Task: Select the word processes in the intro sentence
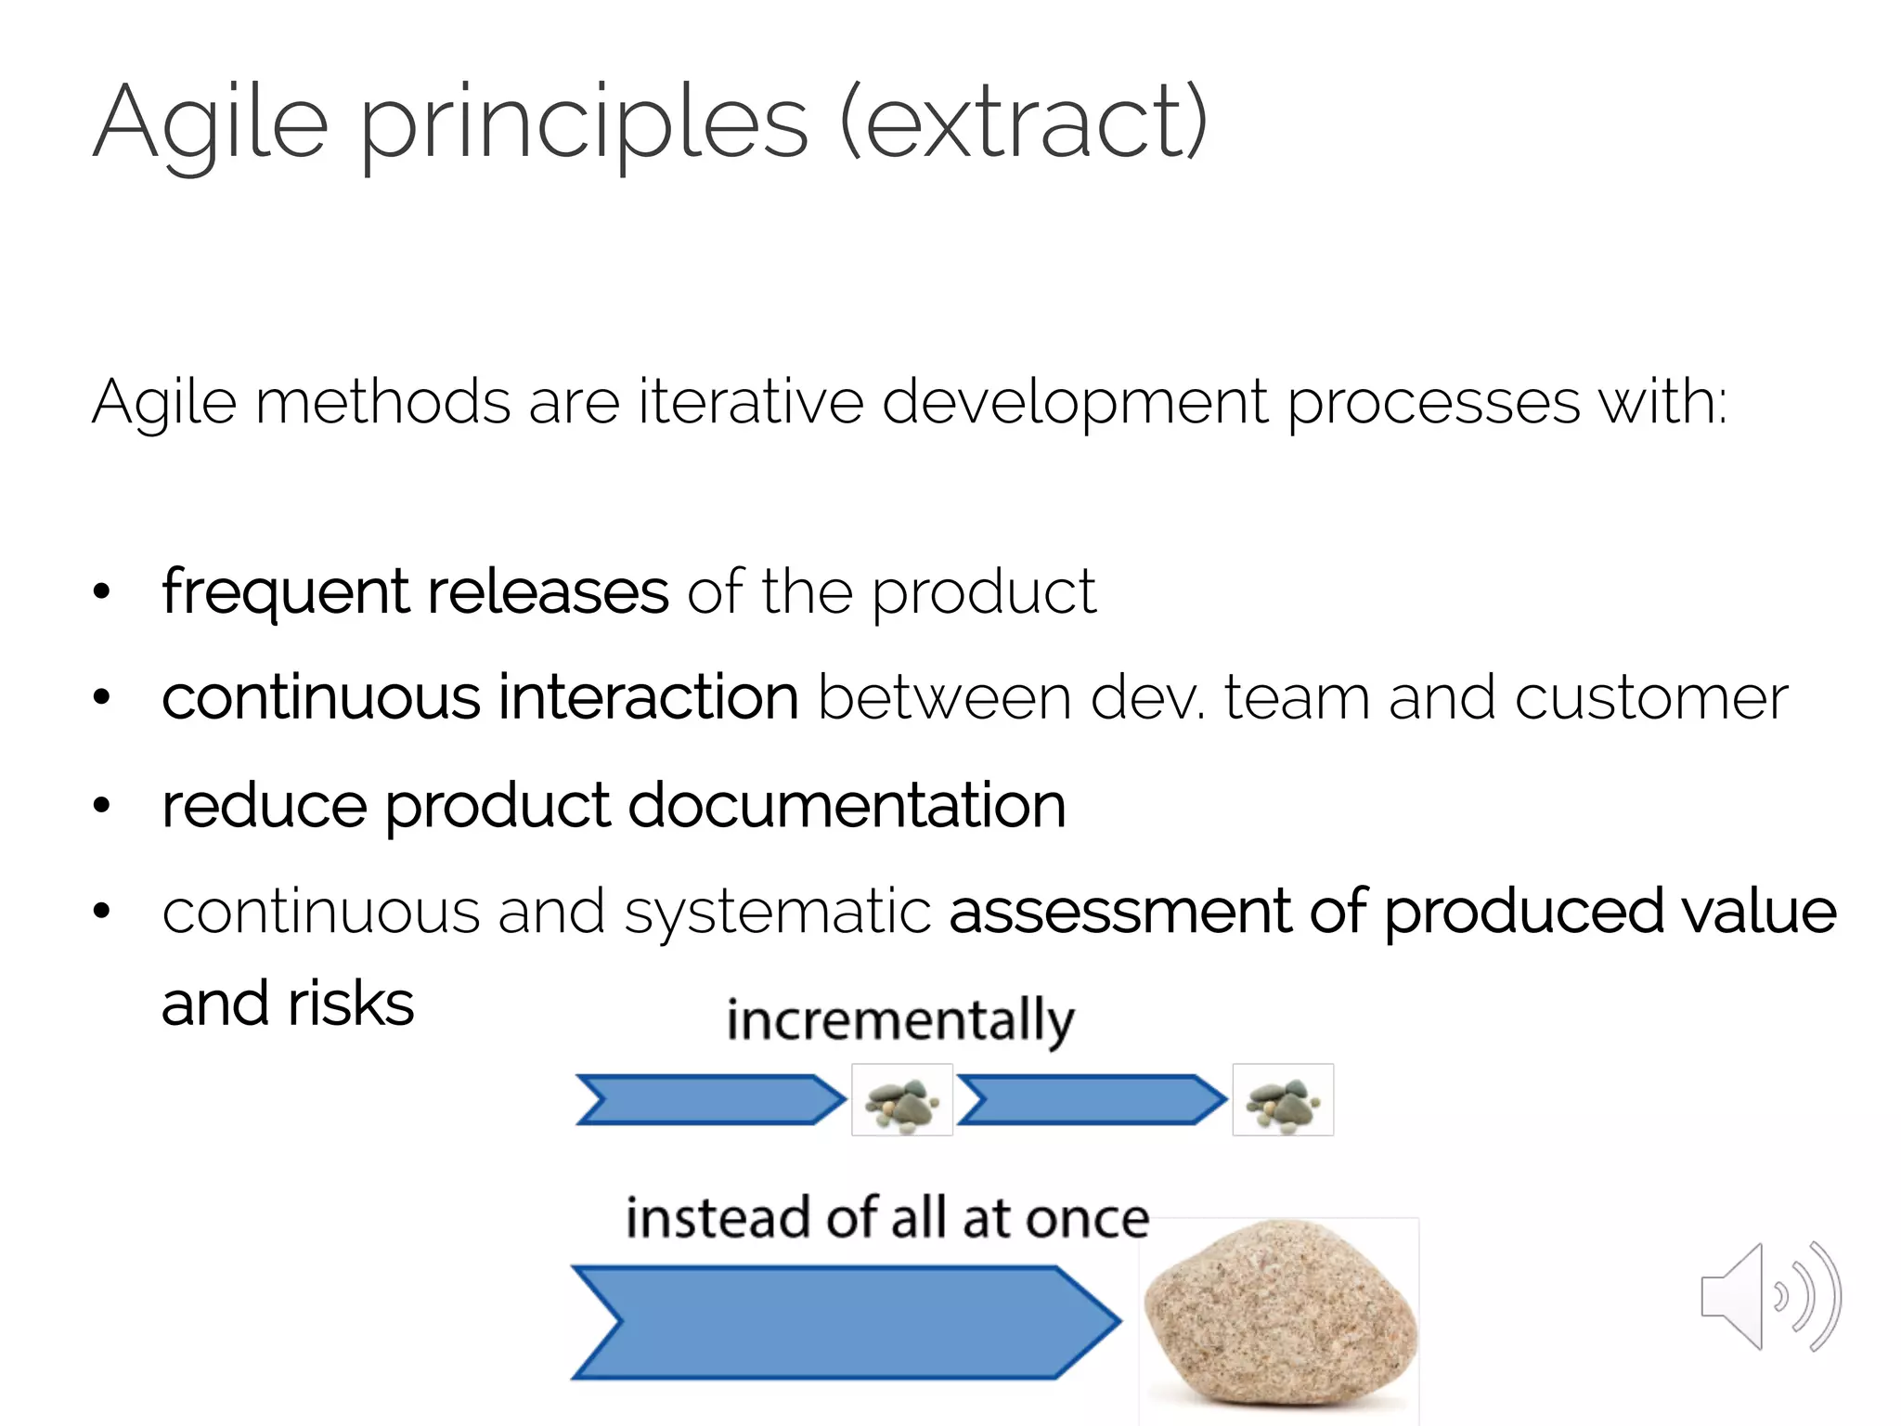[x=1433, y=404]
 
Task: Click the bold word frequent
[x=285, y=592]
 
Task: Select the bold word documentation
[x=847, y=804]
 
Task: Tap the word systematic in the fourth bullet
[x=777, y=912]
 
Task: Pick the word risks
[x=350, y=1005]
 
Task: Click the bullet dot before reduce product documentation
[x=101, y=805]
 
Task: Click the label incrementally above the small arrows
[x=900, y=1020]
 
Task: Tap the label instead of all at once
[x=887, y=1218]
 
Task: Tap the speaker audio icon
[x=1769, y=1297]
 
